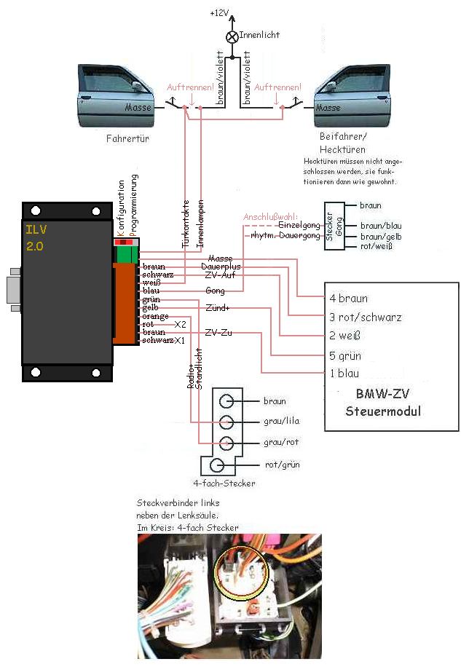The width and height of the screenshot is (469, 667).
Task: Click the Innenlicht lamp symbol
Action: [x=232, y=35]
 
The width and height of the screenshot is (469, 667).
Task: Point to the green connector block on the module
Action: [x=127, y=254]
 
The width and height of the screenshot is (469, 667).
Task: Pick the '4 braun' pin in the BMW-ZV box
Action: [x=348, y=298]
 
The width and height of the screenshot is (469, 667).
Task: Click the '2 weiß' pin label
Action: [x=345, y=336]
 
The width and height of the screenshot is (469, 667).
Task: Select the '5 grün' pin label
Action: [x=345, y=356]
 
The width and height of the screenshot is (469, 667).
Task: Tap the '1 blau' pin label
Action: [x=344, y=374]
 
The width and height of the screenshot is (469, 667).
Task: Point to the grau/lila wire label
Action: [x=280, y=421]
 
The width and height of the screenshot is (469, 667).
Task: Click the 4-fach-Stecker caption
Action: [x=224, y=483]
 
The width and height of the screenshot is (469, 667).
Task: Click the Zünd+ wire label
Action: [x=218, y=307]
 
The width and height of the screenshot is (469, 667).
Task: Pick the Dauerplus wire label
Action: [x=221, y=267]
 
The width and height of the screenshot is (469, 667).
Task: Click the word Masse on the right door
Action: [x=328, y=108]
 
